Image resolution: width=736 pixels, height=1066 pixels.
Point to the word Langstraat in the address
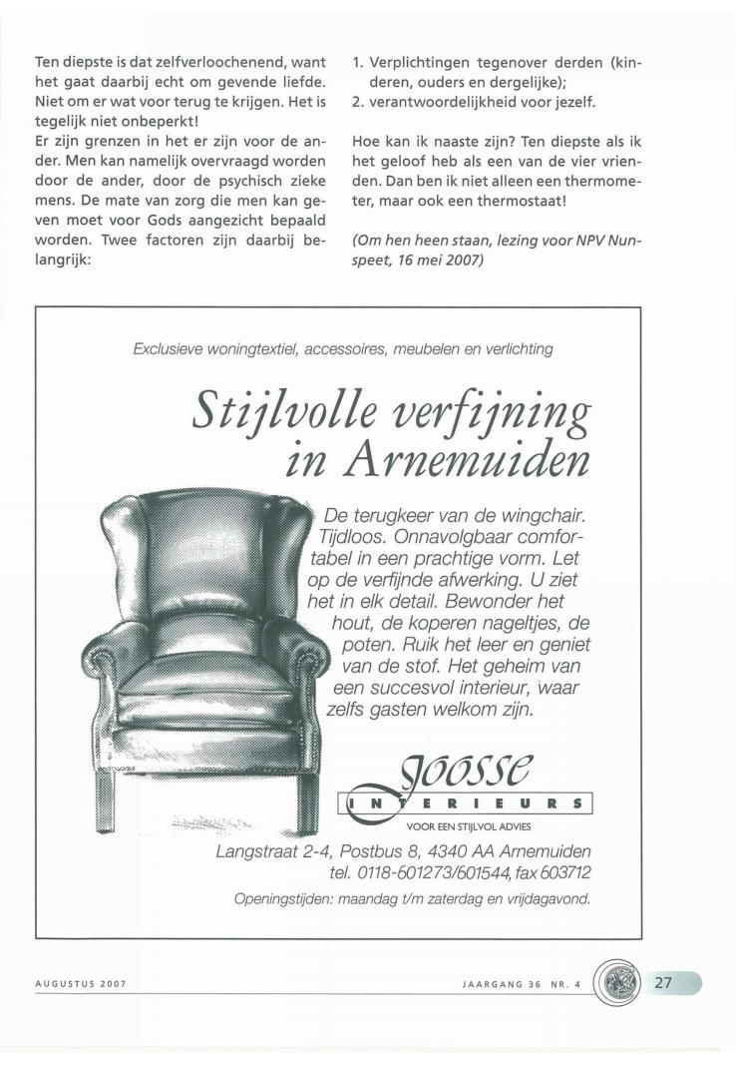click(256, 851)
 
